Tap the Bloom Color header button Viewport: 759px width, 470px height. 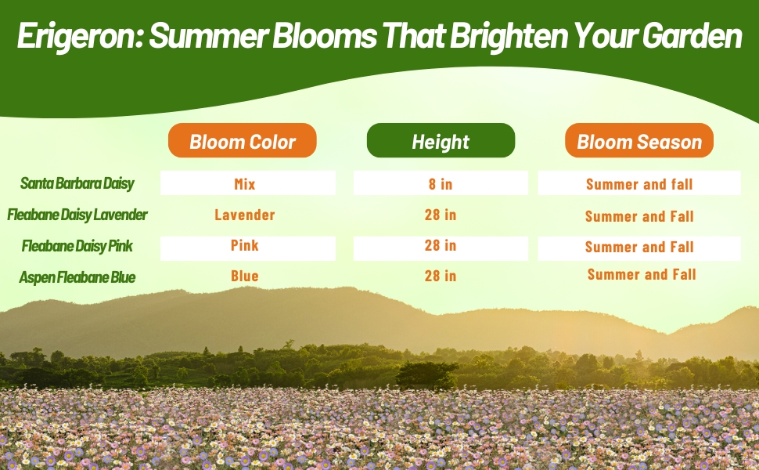point(243,141)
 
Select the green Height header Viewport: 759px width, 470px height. point(441,141)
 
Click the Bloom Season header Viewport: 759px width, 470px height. point(639,141)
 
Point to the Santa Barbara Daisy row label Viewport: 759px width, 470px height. point(77,183)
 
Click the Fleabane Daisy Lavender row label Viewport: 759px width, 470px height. point(77,214)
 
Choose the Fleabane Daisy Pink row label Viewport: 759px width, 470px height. point(77,246)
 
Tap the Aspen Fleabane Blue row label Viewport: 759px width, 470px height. point(77,277)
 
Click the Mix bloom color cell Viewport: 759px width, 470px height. point(245,184)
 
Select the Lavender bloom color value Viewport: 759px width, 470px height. point(245,215)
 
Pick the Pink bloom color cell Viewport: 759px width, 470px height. point(245,246)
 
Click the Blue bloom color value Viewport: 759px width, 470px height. point(245,277)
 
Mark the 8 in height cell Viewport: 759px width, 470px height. point(441,184)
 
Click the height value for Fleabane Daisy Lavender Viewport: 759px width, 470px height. point(441,215)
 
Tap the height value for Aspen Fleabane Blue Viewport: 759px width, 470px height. point(441,277)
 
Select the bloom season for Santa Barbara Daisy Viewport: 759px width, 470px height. point(639,185)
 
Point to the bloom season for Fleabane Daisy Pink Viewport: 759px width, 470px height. point(639,247)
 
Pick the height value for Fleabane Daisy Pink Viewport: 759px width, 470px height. point(441,246)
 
